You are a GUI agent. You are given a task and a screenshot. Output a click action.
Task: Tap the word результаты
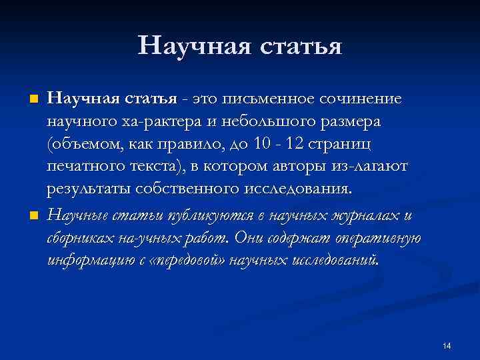click(x=91, y=188)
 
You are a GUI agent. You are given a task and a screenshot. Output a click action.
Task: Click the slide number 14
click(x=447, y=345)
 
